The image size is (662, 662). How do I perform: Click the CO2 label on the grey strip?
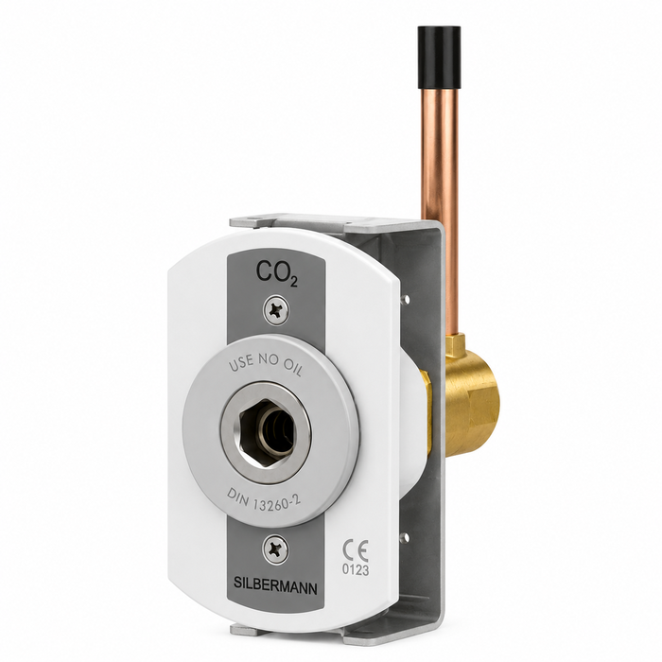[276, 272]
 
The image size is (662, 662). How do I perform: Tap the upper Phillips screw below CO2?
[276, 311]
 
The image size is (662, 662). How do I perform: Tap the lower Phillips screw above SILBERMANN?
[276, 549]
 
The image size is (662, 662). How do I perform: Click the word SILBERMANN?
[275, 585]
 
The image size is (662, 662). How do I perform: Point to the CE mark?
[355, 550]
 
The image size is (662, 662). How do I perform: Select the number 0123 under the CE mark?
[356, 570]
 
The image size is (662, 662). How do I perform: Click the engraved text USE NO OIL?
[266, 365]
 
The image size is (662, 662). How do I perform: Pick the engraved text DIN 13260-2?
[264, 500]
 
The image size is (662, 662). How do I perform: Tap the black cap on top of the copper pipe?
[439, 58]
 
